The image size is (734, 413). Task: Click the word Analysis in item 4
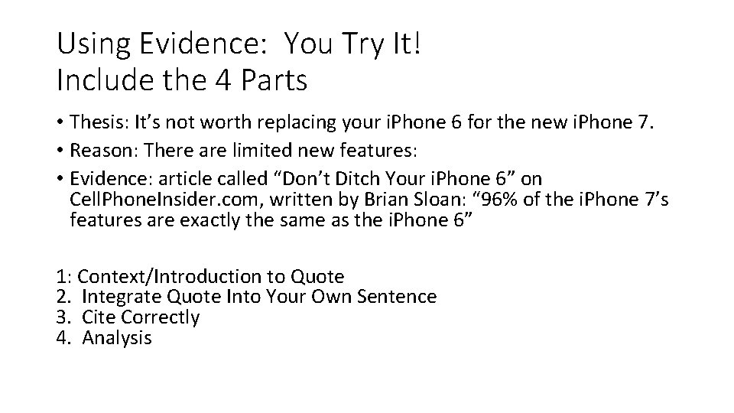117,337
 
